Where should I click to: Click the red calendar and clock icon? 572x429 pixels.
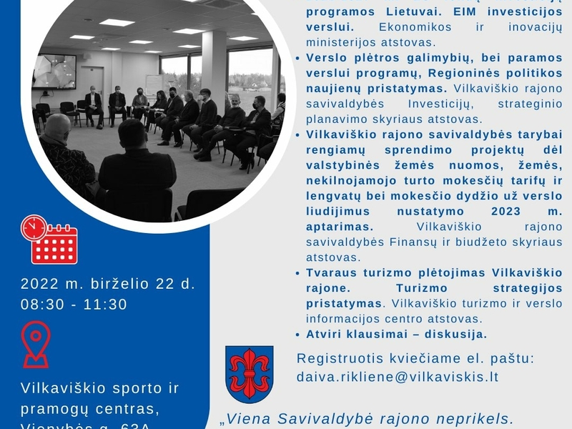[49, 240]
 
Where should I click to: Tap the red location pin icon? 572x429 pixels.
[36, 344]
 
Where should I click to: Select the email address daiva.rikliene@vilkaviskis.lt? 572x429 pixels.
[397, 375]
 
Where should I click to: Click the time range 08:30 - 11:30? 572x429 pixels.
[74, 304]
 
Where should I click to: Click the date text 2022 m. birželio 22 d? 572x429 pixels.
[108, 283]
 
